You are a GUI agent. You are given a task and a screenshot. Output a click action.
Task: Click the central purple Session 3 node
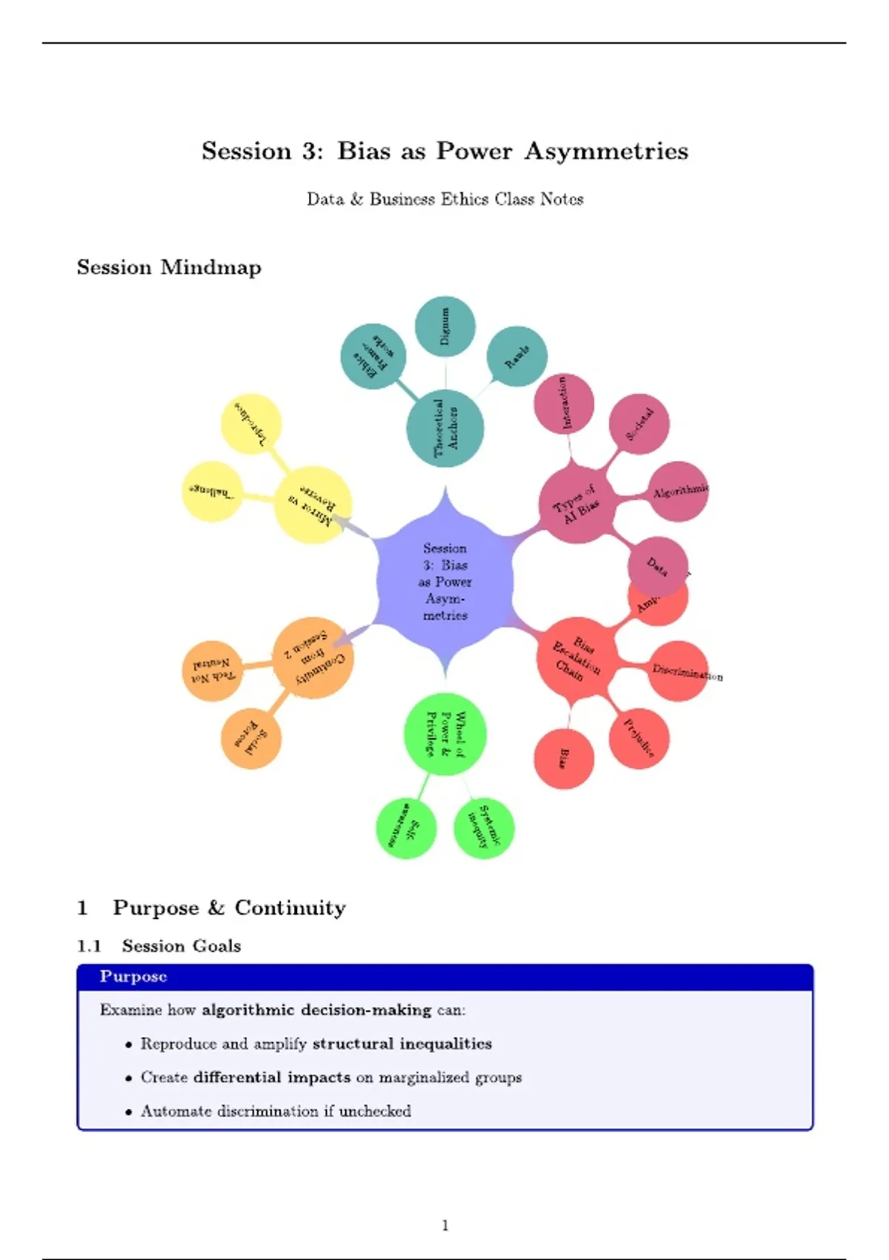[x=444, y=582]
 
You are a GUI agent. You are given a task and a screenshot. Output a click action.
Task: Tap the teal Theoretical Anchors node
[x=445, y=428]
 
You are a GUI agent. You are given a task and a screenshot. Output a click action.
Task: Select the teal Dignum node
[x=444, y=326]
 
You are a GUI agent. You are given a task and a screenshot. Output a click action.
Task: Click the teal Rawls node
[x=517, y=357]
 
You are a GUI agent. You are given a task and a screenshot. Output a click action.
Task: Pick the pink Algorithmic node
[x=679, y=491]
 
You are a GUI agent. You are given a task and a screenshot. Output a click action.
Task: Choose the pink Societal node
[x=639, y=424]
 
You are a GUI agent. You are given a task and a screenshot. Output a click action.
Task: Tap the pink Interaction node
[x=565, y=403]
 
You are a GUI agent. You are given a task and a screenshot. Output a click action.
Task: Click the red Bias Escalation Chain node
[x=576, y=657]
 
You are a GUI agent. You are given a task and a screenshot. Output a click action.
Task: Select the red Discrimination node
[x=679, y=671]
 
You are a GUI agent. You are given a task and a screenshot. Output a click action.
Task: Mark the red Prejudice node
[x=639, y=738]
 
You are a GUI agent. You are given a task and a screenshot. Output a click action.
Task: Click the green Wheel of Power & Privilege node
[x=445, y=734]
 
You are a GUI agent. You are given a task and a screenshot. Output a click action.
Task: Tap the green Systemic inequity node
[x=484, y=828]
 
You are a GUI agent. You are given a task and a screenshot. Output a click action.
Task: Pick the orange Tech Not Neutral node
[x=213, y=671]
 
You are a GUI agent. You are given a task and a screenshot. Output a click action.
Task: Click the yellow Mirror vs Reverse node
[x=313, y=505]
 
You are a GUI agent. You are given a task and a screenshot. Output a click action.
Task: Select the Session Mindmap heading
[x=169, y=268]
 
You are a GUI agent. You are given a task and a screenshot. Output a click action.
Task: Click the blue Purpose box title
[x=133, y=977]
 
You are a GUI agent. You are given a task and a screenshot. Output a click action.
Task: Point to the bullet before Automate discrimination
[x=129, y=1112]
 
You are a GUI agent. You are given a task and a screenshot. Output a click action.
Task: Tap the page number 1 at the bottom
[x=445, y=1226]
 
